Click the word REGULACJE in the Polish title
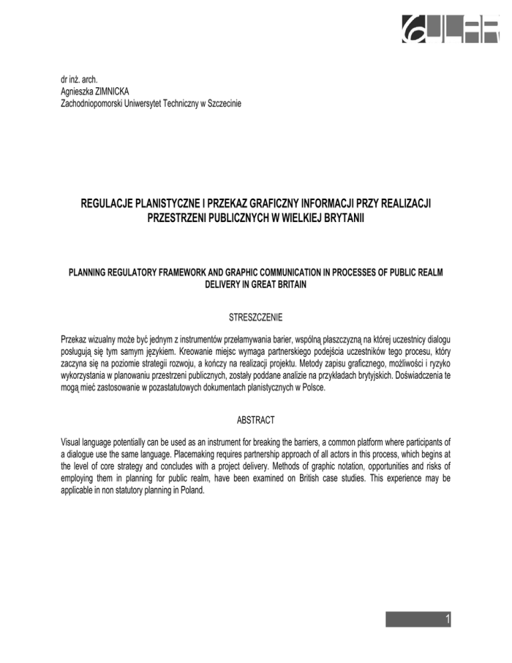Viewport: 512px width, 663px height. point(113,202)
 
